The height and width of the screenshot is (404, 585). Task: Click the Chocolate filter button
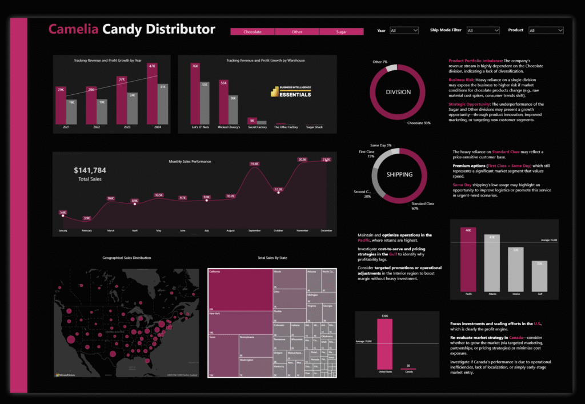click(x=252, y=32)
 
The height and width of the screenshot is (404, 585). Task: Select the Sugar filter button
click(x=341, y=32)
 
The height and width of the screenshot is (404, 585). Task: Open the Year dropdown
click(x=404, y=30)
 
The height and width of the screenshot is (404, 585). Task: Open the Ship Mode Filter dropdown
click(x=482, y=30)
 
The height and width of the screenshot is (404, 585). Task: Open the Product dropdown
click(x=545, y=30)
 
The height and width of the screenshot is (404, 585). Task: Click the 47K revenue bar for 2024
click(x=151, y=97)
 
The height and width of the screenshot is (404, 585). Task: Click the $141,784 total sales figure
click(x=90, y=170)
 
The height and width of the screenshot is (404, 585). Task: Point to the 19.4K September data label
click(x=254, y=164)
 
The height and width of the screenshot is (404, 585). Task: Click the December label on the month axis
click(x=327, y=231)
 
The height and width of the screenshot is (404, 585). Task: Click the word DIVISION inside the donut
click(x=398, y=92)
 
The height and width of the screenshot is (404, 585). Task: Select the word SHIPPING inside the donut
click(x=399, y=174)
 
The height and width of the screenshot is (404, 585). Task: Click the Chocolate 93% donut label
click(x=419, y=123)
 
